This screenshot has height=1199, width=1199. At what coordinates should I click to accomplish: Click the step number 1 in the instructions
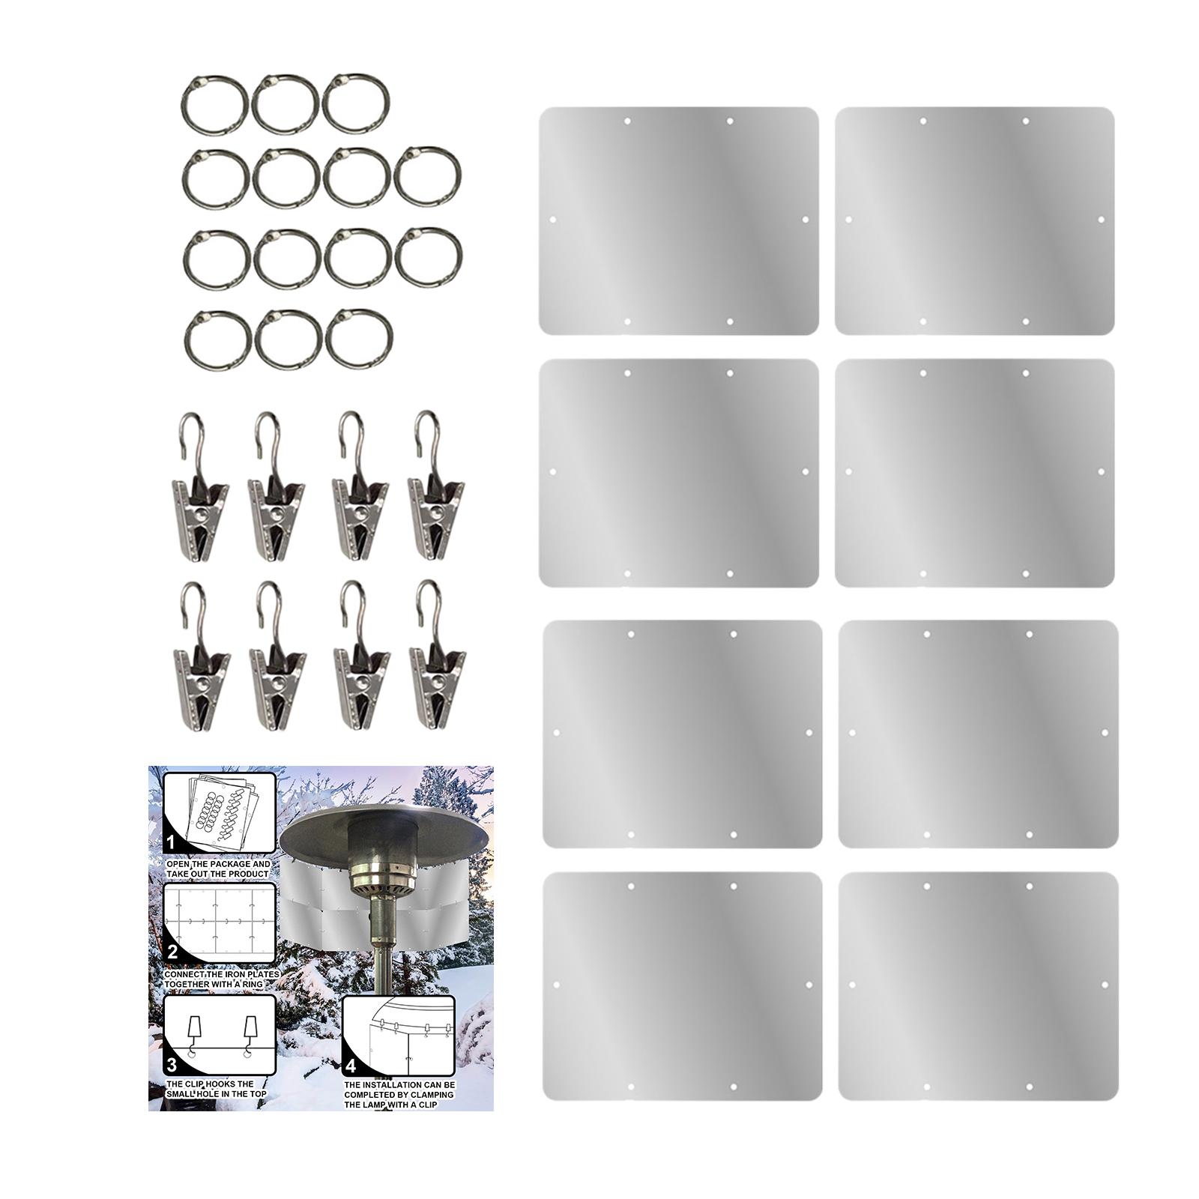click(x=170, y=842)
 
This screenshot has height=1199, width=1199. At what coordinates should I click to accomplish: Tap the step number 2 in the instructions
click(x=172, y=952)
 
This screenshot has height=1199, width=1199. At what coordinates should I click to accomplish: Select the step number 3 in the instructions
click(x=172, y=1065)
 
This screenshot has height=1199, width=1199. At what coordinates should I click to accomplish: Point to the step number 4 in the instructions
click(x=351, y=1066)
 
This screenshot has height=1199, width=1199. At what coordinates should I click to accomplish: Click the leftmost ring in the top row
click(x=214, y=105)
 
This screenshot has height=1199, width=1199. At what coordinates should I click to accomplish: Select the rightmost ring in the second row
click(x=427, y=177)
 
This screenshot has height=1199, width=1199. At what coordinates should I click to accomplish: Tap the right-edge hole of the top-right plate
click(x=1101, y=220)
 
